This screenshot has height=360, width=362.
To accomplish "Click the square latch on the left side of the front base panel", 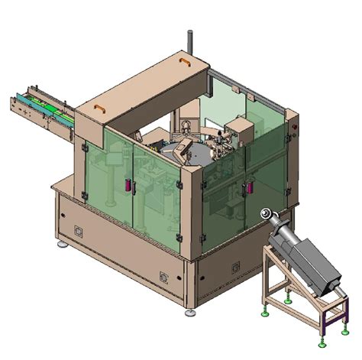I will point(77,229).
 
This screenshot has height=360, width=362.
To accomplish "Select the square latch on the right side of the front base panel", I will point(163,276).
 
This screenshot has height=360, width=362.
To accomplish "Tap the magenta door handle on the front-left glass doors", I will point(128,184).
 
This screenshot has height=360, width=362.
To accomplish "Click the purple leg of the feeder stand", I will point(325,326).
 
